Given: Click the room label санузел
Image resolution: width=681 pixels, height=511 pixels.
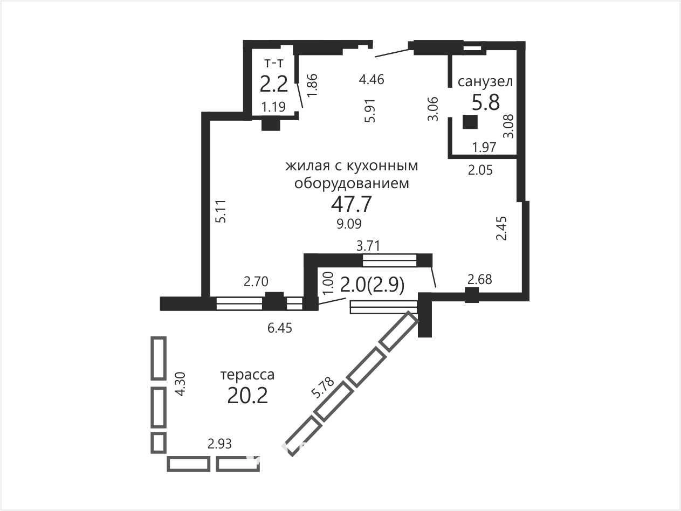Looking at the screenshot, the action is (x=485, y=81).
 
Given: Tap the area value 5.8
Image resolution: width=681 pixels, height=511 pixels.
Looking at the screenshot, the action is (x=485, y=102).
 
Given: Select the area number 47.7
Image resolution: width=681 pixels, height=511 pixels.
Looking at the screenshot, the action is (x=351, y=204).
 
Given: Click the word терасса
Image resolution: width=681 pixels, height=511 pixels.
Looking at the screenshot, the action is (x=247, y=375).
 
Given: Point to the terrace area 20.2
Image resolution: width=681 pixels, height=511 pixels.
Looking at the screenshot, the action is (x=247, y=396).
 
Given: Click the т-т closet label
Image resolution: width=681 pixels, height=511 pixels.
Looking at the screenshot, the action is (x=274, y=64).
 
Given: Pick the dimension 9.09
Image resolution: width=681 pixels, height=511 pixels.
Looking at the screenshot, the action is (x=349, y=224).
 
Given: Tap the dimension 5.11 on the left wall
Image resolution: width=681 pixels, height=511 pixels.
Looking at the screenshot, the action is (x=221, y=211).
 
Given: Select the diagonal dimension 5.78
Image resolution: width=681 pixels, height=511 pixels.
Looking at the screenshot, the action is (x=322, y=388).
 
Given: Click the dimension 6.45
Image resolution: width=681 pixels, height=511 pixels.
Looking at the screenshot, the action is (x=280, y=328).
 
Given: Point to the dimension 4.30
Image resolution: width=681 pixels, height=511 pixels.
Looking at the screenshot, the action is (x=180, y=384).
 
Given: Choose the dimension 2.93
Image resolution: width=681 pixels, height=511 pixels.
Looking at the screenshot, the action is (x=219, y=444).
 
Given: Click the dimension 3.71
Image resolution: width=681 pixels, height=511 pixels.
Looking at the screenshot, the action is (x=368, y=246).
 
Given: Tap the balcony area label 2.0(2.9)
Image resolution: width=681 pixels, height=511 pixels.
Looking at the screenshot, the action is (x=372, y=285).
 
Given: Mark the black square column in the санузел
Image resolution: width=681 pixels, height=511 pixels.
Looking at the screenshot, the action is (x=470, y=122).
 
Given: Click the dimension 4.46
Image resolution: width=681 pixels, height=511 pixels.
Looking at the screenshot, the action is (x=372, y=79).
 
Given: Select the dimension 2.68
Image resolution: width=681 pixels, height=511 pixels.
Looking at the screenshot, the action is (x=480, y=279).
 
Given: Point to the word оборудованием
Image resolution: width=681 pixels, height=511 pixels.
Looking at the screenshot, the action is (x=352, y=183).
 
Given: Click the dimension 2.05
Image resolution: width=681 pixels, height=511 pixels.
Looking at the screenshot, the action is (x=480, y=170).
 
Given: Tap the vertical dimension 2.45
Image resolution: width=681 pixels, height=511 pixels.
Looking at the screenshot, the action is (x=501, y=228).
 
